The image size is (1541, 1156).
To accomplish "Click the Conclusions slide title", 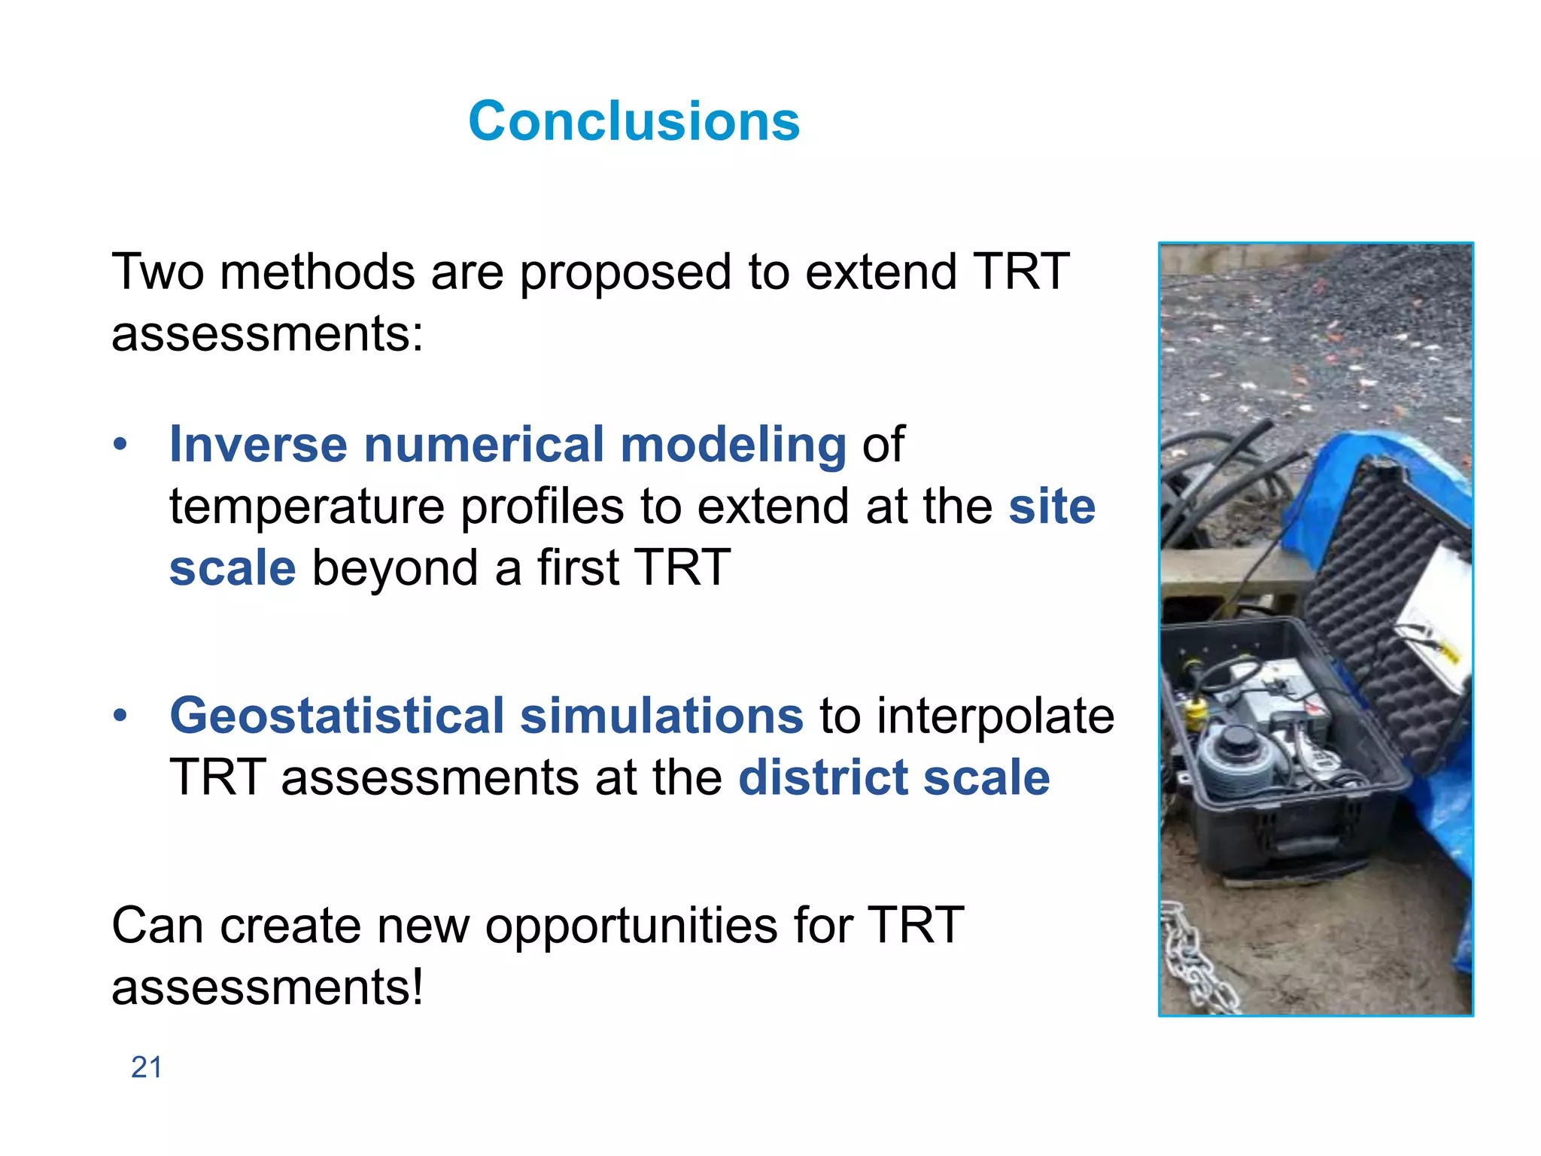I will (634, 121).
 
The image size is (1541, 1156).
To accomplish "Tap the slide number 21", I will (146, 1067).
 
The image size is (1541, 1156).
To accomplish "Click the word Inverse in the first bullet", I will (258, 444).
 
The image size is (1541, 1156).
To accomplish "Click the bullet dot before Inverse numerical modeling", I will (120, 445).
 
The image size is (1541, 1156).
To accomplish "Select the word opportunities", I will (631, 926).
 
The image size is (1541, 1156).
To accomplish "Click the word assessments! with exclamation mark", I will (267, 987).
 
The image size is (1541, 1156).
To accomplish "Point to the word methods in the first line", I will (317, 272).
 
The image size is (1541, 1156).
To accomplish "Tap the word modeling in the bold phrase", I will (733, 444).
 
